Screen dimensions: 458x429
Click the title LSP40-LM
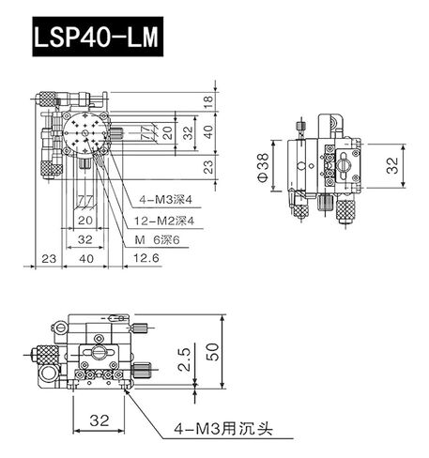[x=95, y=39]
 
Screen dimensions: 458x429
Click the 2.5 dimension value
[x=185, y=357]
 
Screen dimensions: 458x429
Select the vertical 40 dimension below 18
[x=208, y=131]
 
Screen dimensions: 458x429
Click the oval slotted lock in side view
[x=344, y=172]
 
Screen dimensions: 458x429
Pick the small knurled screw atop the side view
[x=299, y=130]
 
